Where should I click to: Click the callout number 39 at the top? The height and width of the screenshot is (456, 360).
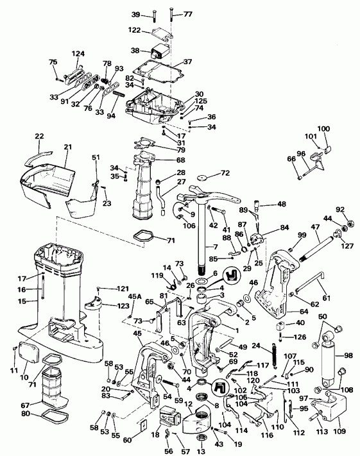click(x=135, y=14)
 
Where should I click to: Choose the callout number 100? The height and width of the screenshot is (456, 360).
click(x=323, y=129)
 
